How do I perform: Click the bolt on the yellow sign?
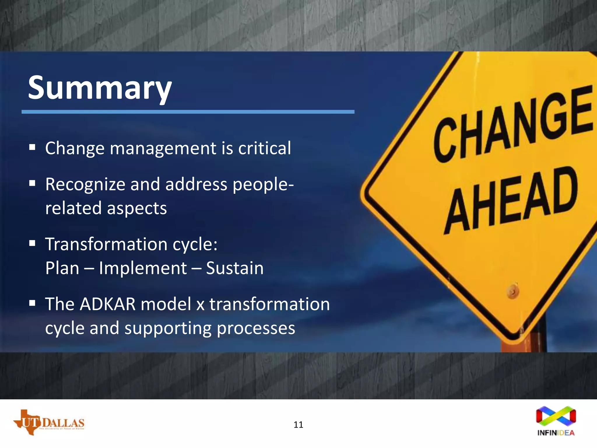point(513,291)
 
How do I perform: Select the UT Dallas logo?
point(49,422)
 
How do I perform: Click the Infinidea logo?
point(556,421)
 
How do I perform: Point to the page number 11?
point(298,425)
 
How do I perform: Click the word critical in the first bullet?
point(264,148)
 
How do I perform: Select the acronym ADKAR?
point(108,304)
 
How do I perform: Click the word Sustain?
point(235,268)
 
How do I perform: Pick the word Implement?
point(143,268)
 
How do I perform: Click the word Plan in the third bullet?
point(62,268)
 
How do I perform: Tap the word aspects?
point(137,209)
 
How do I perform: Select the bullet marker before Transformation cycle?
point(32,243)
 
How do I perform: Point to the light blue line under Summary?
point(188,112)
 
